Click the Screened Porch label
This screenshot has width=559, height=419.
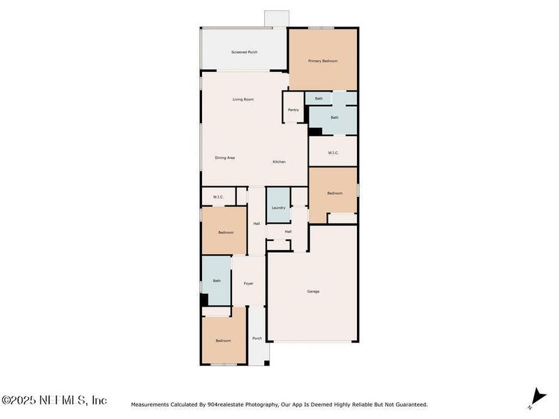(x=244, y=52)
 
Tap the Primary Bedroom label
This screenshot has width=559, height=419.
(x=323, y=61)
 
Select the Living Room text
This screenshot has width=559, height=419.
(x=243, y=100)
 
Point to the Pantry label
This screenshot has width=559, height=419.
(x=293, y=110)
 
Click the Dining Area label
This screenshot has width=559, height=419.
(x=225, y=158)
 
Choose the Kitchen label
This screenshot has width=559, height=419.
(x=279, y=162)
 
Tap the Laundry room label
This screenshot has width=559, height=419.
(x=278, y=208)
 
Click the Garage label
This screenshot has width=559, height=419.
(x=313, y=291)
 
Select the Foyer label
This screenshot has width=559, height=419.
(x=248, y=284)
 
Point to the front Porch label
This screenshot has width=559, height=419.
(x=257, y=339)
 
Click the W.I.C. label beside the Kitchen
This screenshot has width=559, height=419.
(x=333, y=153)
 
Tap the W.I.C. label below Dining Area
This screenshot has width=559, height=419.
(x=218, y=197)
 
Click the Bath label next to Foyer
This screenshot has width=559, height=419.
(x=217, y=281)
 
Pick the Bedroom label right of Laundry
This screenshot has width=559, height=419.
(x=335, y=193)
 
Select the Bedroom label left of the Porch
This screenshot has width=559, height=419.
(x=223, y=341)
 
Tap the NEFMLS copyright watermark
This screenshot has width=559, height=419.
(x=54, y=401)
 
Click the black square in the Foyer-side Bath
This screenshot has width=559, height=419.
(x=205, y=300)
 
